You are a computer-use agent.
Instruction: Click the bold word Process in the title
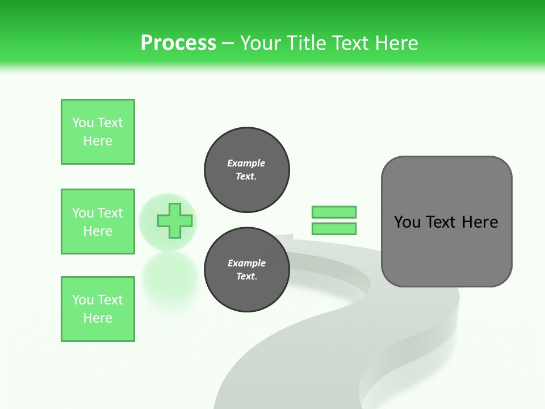click(x=178, y=43)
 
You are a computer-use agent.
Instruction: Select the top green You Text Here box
click(x=98, y=132)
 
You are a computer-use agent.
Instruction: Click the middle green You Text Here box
click(x=98, y=222)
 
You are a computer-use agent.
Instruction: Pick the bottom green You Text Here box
click(x=98, y=309)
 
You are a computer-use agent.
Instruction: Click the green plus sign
click(x=174, y=221)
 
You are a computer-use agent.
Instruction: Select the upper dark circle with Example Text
click(x=246, y=170)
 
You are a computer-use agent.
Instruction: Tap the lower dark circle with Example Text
click(x=246, y=270)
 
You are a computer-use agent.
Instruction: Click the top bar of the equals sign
click(x=334, y=212)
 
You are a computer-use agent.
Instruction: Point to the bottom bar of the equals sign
click(x=334, y=229)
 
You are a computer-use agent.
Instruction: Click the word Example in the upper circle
click(x=246, y=163)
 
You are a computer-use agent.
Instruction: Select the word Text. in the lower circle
click(x=246, y=277)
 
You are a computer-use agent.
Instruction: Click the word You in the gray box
click(x=406, y=222)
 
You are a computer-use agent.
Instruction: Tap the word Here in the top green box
click(x=98, y=141)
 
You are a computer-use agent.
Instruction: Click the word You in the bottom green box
click(x=82, y=300)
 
